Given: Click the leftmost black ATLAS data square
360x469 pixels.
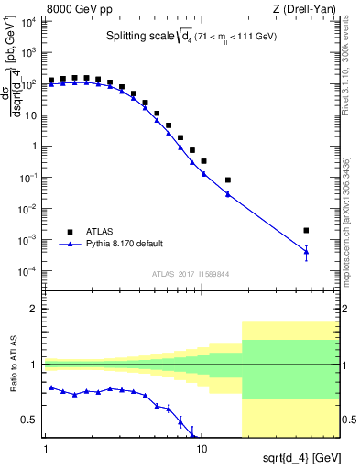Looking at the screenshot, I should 51,81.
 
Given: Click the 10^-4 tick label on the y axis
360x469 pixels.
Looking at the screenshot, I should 27,272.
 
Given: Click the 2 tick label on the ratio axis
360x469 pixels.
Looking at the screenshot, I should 37,309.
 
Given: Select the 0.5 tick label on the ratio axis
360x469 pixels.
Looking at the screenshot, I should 31,420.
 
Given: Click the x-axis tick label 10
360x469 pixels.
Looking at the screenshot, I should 203,450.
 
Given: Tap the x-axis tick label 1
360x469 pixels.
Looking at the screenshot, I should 45,450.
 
